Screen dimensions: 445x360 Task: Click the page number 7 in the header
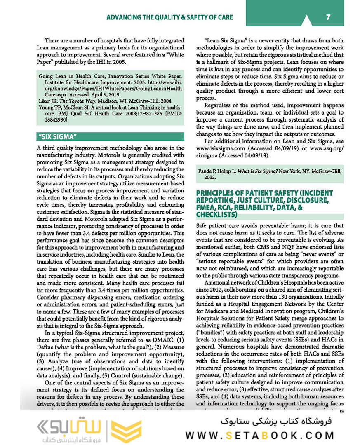click(328, 17)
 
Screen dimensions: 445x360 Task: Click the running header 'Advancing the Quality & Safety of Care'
click(169, 17)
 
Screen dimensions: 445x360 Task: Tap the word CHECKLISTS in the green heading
click(216, 215)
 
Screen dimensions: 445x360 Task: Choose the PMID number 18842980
click(57, 120)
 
